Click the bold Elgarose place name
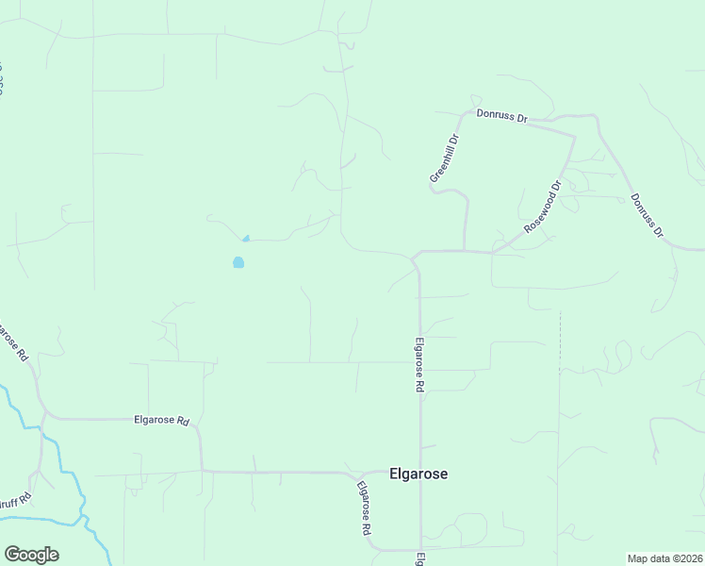pyautogui.click(x=418, y=474)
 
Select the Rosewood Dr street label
pyautogui.click(x=543, y=208)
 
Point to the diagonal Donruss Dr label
pyautogui.click(x=648, y=216)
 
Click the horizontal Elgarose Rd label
pyautogui.click(x=162, y=420)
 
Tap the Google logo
pyautogui.click(x=31, y=555)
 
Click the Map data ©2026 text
pyautogui.click(x=664, y=558)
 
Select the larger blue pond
pyautogui.click(x=238, y=262)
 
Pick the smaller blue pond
pyautogui.click(x=246, y=239)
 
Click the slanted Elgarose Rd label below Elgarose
pyautogui.click(x=363, y=508)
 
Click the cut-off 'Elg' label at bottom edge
pyautogui.click(x=420, y=558)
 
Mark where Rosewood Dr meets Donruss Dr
pyautogui.click(x=573, y=136)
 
